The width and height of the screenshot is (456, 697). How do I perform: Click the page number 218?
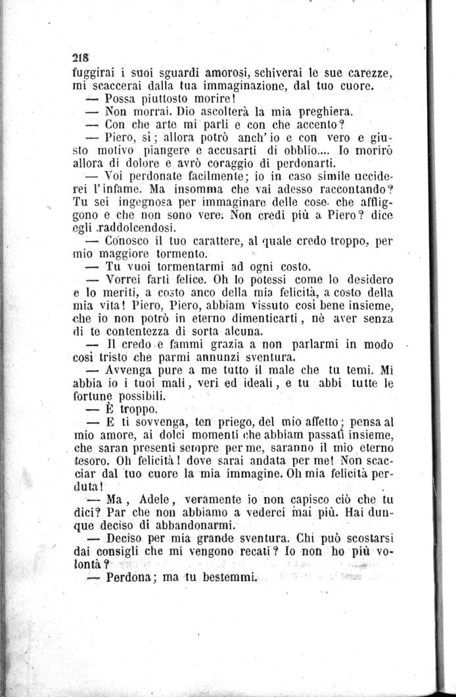pyautogui.click(x=82, y=56)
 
